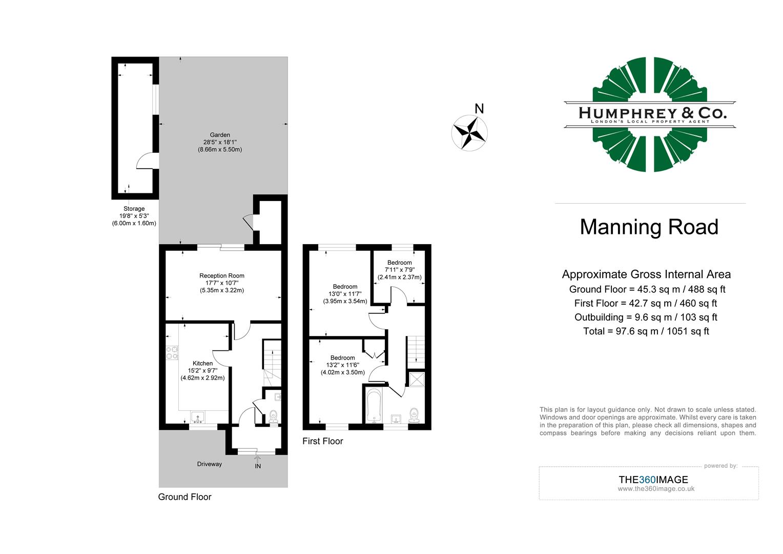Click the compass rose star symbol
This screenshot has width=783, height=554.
(469, 133)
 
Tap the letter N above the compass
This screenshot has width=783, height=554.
(479, 109)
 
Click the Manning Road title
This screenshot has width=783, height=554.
(649, 227)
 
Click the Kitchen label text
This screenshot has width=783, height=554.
(202, 363)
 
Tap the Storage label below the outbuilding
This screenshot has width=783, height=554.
(134, 209)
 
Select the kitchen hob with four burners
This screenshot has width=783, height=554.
(172, 352)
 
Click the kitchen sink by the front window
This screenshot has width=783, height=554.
(197, 417)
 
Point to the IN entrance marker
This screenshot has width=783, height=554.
(258, 466)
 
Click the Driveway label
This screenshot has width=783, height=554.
(210, 464)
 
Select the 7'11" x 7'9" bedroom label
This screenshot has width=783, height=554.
(399, 270)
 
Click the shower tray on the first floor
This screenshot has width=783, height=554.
(416, 379)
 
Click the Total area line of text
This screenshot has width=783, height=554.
(646, 331)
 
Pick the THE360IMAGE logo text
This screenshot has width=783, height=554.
(653, 480)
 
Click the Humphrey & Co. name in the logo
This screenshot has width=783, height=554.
(652, 113)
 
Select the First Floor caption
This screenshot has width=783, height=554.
(322, 441)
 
